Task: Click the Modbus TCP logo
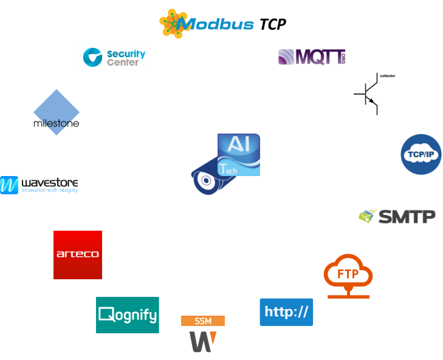(x=222, y=24)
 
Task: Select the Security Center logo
(x=114, y=58)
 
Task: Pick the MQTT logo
(x=312, y=58)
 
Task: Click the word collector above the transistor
(x=386, y=76)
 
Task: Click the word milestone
(x=56, y=123)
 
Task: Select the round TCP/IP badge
(x=421, y=154)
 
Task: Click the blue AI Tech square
(x=239, y=155)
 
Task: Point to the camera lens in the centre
(x=206, y=181)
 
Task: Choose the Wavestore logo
(x=39, y=185)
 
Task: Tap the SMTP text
(x=407, y=217)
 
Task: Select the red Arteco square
(x=78, y=255)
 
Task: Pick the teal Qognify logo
(x=128, y=315)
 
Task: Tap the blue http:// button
(x=286, y=312)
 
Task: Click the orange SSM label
(x=203, y=321)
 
